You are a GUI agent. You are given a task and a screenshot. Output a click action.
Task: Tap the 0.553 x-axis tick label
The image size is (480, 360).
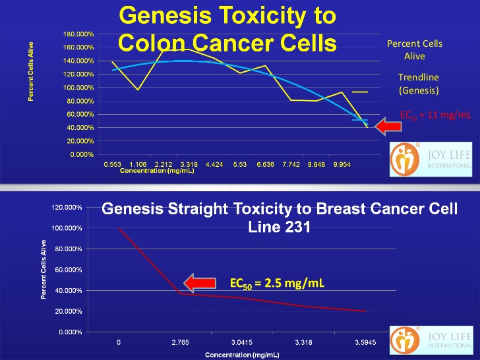tap(113, 164)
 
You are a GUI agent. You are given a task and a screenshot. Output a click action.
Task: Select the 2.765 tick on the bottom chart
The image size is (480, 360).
tap(180, 342)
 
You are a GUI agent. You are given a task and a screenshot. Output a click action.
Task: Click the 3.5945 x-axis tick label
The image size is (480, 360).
tap(364, 342)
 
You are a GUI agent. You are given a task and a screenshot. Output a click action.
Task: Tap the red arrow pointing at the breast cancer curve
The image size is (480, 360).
tap(201, 284)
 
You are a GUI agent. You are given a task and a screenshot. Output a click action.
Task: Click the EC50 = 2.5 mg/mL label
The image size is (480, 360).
tap(278, 284)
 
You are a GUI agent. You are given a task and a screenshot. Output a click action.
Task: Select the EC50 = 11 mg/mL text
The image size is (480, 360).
tap(436, 115)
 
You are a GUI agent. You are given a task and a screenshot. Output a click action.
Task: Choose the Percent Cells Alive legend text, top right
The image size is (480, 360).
tap(414, 50)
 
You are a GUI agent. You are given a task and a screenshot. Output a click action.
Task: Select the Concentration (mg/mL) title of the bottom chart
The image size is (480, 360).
tap(242, 355)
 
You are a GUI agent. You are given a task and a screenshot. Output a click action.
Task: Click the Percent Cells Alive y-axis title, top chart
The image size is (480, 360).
tap(30, 72)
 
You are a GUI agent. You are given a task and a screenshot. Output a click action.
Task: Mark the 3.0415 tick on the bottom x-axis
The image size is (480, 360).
tap(241, 342)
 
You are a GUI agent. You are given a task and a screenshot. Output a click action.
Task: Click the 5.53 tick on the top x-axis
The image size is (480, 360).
tap(240, 164)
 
